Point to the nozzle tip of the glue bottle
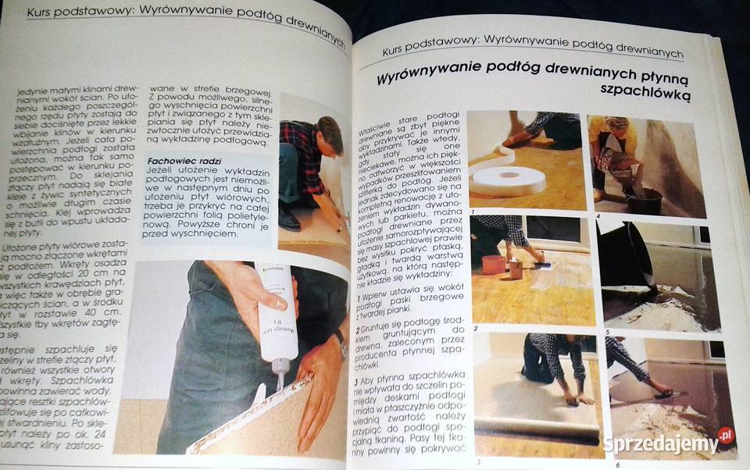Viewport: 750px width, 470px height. pos(277,385)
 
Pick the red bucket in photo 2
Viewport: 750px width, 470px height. pos(493,265)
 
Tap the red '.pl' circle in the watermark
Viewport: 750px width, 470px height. pos(726,435)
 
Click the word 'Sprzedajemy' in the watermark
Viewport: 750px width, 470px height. pos(660,443)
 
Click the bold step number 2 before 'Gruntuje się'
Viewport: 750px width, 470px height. pos(357,329)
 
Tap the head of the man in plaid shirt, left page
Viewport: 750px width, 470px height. pos(329,134)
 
